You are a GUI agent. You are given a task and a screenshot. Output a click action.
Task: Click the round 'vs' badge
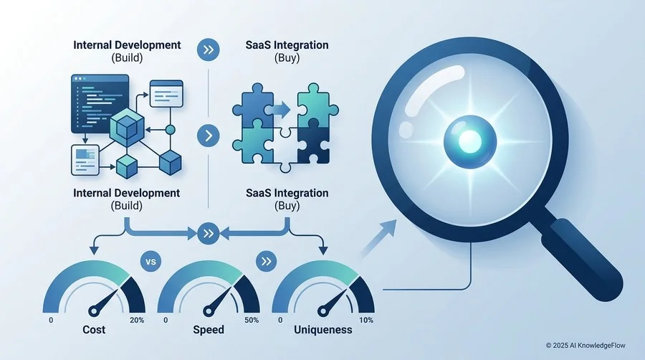click(151, 261)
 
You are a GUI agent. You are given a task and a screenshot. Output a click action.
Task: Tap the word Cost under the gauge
click(94, 330)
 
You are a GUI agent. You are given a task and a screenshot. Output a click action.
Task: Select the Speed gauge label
click(209, 330)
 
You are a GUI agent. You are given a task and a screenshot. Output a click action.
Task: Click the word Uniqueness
click(323, 330)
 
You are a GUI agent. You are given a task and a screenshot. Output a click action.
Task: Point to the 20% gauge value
click(137, 320)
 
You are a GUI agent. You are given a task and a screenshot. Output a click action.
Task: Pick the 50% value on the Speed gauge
click(252, 320)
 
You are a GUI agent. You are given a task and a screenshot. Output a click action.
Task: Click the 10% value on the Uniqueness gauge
click(366, 320)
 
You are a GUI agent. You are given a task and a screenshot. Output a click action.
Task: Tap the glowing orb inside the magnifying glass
click(470, 141)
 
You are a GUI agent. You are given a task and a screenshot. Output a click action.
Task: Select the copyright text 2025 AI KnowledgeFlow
click(586, 346)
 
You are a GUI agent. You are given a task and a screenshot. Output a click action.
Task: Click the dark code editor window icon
click(100, 104)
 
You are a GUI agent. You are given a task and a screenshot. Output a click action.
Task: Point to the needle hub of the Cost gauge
click(94, 311)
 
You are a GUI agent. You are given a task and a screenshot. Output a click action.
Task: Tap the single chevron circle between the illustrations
click(208, 136)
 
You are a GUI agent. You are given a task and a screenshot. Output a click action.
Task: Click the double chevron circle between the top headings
click(208, 49)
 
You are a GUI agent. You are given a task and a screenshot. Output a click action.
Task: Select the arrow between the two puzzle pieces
click(282, 110)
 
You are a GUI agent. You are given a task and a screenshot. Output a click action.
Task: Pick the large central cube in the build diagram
click(127, 128)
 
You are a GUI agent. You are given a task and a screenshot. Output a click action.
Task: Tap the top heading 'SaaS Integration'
click(287, 45)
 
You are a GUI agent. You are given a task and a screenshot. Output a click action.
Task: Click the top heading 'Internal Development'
click(127, 45)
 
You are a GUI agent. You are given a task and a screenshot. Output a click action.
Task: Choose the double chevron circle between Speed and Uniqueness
click(266, 261)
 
